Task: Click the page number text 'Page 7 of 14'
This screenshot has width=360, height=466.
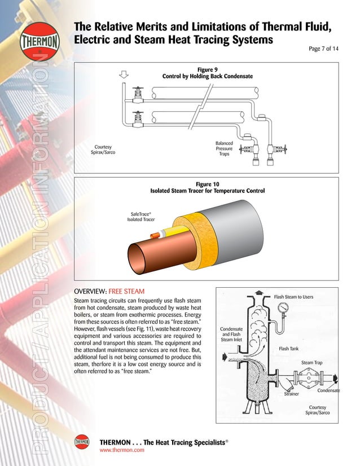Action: pyautogui.click(x=323, y=49)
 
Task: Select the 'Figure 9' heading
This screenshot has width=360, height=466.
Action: pyautogui.click(x=207, y=69)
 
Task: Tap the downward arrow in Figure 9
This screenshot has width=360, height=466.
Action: pyautogui.click(x=125, y=74)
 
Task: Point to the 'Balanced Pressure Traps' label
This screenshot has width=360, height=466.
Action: pyautogui.click(x=224, y=149)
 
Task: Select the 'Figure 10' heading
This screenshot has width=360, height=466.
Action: pyautogui.click(x=207, y=184)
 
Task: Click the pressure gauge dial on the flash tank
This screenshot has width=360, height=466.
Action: pyautogui.click(x=283, y=310)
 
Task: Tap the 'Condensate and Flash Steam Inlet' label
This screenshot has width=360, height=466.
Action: pyautogui.click(x=231, y=335)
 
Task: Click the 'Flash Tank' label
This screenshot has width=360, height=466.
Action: pyautogui.click(x=289, y=349)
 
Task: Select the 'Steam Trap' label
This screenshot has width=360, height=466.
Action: pyautogui.click(x=311, y=363)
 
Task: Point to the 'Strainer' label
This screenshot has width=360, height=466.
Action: pyautogui.click(x=291, y=394)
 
